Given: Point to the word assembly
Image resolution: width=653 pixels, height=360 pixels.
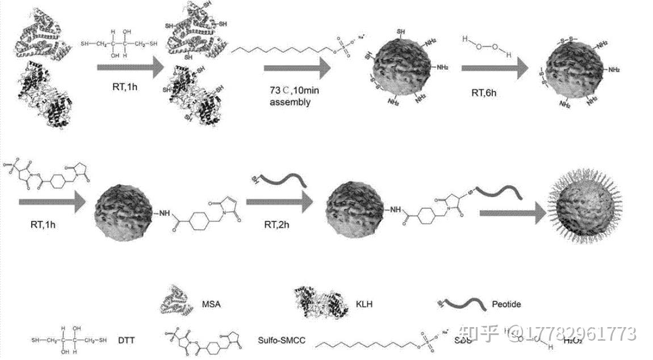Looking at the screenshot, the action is pyautogui.click(x=290, y=103).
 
